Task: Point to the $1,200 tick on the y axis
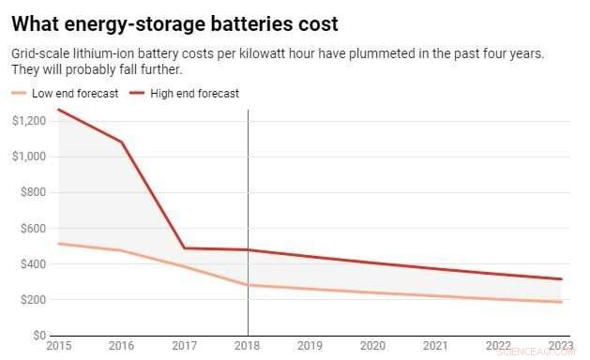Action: click(x=28, y=121)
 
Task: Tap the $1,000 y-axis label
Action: click(x=28, y=157)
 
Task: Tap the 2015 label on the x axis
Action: click(x=58, y=345)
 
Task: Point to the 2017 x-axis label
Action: click(x=185, y=345)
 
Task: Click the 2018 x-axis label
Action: click(x=248, y=345)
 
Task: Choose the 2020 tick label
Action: click(x=373, y=345)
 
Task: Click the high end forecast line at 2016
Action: click(x=122, y=142)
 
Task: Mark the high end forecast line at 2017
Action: click(x=185, y=247)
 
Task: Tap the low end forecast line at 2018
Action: click(x=248, y=285)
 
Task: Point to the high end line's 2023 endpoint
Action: click(x=561, y=279)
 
